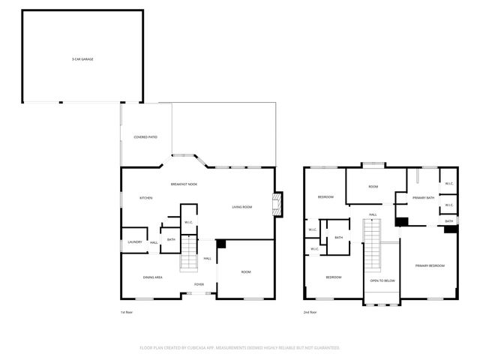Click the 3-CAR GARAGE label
coord(82,58)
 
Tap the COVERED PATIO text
coord(145,137)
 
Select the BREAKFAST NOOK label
coord(184,184)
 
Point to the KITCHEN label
coord(145,198)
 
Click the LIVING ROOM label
coord(241,207)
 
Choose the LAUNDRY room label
coord(135,241)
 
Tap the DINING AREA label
coord(153,277)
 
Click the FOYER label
coord(199,284)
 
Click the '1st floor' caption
coord(126,312)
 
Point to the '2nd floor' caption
coord(310,312)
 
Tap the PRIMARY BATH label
coord(424,198)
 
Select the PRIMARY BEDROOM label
coord(429,265)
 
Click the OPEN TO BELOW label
coord(382,280)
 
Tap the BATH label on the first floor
coord(171,239)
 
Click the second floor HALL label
coord(373,214)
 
